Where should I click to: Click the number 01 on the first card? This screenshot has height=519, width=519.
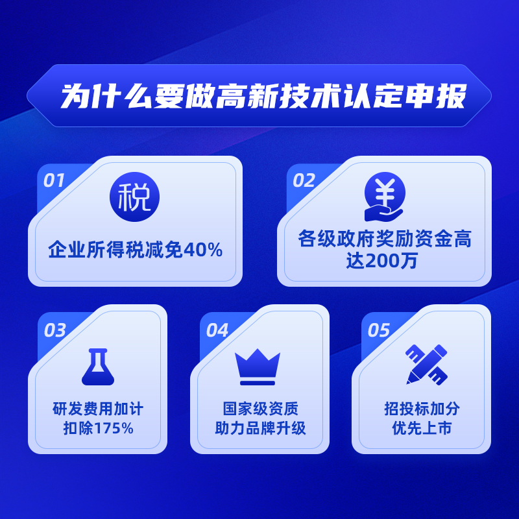click(54, 181)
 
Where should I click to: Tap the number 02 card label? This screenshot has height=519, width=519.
click(304, 181)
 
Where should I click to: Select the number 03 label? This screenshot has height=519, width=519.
click(55, 330)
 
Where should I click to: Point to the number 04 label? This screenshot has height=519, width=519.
click(217, 330)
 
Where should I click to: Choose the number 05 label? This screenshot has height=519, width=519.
click(379, 330)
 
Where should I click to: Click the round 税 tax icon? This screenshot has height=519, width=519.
click(134, 197)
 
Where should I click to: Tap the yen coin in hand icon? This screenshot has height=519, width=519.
click(384, 197)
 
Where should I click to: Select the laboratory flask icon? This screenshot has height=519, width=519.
click(98, 367)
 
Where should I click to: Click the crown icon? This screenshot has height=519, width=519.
click(258, 367)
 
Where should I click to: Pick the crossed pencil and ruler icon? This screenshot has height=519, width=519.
click(427, 365)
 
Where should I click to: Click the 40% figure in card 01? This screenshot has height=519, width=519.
click(203, 250)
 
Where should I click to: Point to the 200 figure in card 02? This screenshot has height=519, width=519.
click(382, 261)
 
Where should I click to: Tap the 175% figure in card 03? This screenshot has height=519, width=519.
click(114, 428)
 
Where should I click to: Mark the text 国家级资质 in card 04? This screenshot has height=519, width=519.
click(260, 409)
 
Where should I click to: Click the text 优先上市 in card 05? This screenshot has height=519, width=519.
click(422, 428)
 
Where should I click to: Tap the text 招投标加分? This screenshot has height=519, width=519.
click(422, 409)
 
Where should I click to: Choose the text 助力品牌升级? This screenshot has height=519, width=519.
click(260, 428)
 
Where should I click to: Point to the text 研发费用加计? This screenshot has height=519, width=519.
click(98, 409)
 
